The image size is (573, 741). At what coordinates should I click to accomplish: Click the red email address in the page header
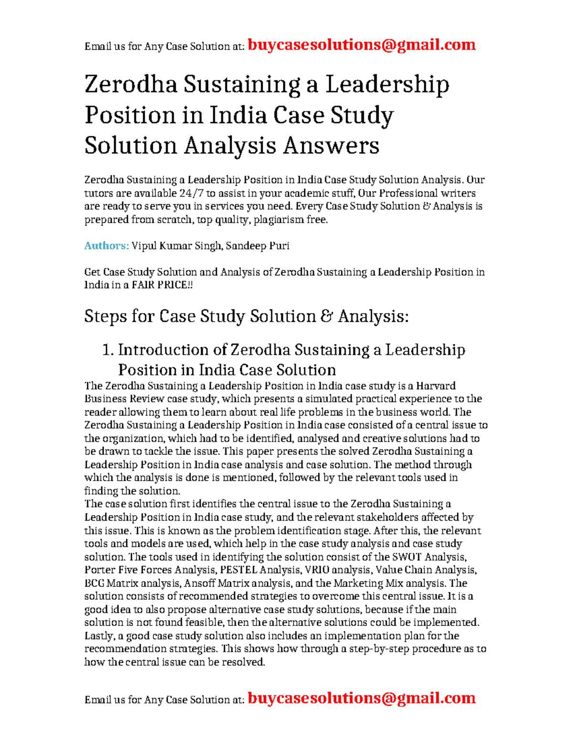[x=361, y=45]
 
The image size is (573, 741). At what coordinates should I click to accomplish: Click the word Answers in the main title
[x=331, y=146]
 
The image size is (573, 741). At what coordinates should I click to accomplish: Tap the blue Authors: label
[x=106, y=246]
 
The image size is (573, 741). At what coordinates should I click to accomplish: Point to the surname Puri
[x=279, y=246]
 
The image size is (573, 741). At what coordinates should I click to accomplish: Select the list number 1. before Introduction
[x=108, y=350]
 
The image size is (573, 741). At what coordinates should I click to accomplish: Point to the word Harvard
[x=435, y=386]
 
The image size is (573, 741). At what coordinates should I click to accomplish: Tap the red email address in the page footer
[x=361, y=699]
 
